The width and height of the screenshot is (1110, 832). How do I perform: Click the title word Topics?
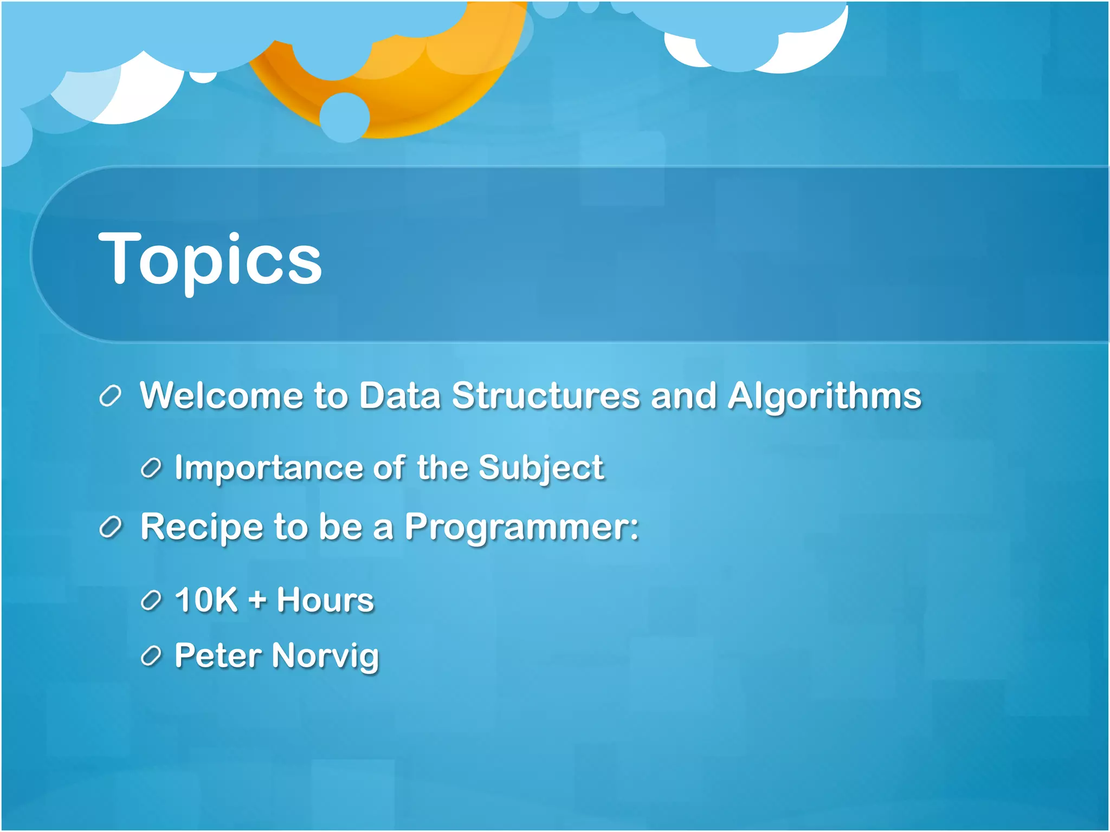coord(210,259)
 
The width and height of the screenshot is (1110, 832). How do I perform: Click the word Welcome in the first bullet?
coord(221,395)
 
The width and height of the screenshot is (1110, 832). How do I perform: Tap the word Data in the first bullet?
coord(400,395)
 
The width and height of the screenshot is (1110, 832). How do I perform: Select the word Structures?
coord(546,395)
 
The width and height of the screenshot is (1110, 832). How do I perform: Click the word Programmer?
coord(522,528)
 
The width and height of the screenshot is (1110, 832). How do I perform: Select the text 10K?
coord(206,600)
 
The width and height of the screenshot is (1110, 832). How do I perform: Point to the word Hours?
coord(325,600)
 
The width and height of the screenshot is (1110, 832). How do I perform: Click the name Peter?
coord(218,656)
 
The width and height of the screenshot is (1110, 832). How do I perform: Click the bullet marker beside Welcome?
coord(111,396)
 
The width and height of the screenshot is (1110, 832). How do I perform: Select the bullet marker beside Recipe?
coord(111,528)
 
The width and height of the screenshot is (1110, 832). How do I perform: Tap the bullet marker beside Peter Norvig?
coord(151,656)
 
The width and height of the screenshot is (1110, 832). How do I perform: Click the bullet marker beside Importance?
coord(151,469)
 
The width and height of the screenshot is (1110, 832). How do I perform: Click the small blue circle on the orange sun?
coord(345,117)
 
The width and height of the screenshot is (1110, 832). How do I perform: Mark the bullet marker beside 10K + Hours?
coord(151,601)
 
